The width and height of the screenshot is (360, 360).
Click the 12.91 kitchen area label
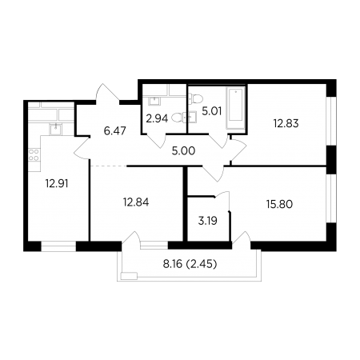click(x=57, y=183)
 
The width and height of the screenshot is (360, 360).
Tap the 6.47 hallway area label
click(x=115, y=131)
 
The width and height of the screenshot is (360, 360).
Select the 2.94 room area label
click(x=157, y=118)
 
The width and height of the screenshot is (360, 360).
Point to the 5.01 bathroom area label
click(x=212, y=111)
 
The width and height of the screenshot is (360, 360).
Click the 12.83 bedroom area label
click(x=286, y=123)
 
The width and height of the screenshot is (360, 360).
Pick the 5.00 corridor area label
click(x=183, y=151)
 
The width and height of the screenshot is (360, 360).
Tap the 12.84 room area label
click(x=136, y=202)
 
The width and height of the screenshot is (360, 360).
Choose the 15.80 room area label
click(x=279, y=204)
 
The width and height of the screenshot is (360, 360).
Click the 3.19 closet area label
click(x=208, y=221)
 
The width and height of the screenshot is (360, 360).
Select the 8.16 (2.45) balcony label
click(x=190, y=264)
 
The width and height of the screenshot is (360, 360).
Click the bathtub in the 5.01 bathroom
click(x=236, y=108)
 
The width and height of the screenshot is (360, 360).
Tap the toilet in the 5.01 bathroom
click(x=196, y=99)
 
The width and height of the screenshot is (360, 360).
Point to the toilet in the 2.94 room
click(x=178, y=118)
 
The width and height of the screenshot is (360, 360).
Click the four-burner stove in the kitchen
click(x=34, y=155)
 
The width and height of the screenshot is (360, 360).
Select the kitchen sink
click(x=55, y=130)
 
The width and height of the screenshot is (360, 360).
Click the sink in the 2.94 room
click(x=154, y=101)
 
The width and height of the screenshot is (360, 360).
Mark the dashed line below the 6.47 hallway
click(x=109, y=166)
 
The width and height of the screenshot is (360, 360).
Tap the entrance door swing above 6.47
click(x=107, y=93)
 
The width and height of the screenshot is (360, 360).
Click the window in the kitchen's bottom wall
click(x=58, y=246)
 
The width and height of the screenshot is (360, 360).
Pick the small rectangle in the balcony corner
click(x=129, y=276)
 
